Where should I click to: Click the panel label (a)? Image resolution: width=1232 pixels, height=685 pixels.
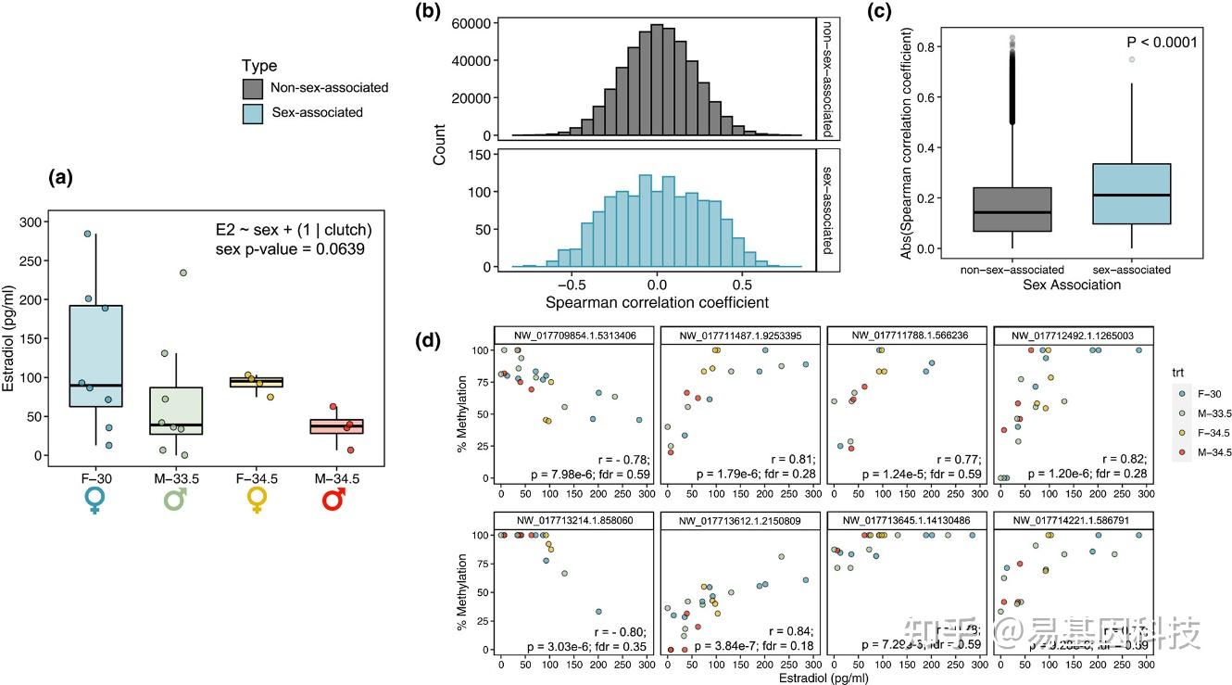click(x=62, y=177)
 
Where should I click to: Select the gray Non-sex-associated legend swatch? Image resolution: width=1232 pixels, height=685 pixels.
click(x=254, y=89)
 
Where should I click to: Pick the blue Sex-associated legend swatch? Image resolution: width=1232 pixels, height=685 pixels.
click(x=254, y=113)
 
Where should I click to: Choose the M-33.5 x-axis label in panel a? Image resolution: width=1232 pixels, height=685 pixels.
click(x=177, y=477)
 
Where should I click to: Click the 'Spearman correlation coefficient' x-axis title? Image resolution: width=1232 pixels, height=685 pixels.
click(x=657, y=303)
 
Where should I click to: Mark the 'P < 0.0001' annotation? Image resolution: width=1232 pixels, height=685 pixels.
click(x=1162, y=42)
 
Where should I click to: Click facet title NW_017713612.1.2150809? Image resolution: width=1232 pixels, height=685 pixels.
click(x=737, y=521)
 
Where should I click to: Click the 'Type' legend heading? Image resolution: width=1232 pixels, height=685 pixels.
click(x=259, y=66)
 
